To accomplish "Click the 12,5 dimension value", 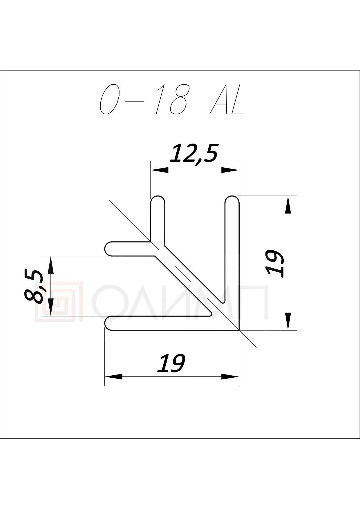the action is (193, 153).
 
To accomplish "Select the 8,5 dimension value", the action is (34, 286).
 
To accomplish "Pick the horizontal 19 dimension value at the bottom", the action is (171, 363).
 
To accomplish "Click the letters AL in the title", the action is (227, 99).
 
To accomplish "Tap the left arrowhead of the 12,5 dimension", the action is (160, 170).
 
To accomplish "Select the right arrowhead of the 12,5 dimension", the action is (230, 170).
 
